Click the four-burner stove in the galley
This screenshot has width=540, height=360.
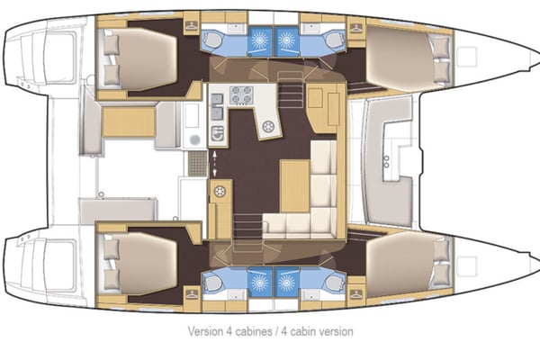click(241, 94)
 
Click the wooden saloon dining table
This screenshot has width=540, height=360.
click(292, 184)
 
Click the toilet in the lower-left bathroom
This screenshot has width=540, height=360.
click(213, 283)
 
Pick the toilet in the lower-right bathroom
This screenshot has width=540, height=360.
click(333, 283)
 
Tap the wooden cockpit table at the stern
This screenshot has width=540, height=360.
click(128, 122)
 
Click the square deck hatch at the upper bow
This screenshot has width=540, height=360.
click(466, 58)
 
